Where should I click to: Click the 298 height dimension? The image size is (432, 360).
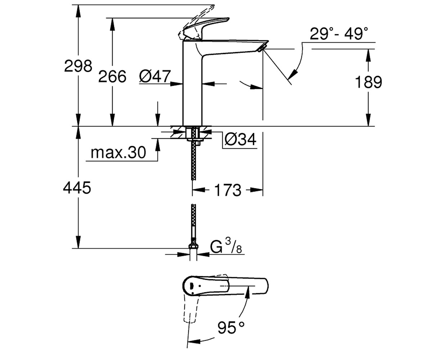point(78,66)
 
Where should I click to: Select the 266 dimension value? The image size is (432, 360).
point(112,76)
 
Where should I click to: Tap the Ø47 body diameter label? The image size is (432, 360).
point(155,76)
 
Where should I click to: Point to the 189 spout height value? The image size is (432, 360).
point(369,82)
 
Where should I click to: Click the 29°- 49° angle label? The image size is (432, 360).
point(339,34)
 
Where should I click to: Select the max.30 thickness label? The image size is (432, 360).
point(118,153)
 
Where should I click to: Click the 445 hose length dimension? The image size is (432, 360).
point(77,188)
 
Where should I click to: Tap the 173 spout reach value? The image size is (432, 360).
point(228,190)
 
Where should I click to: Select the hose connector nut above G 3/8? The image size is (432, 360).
point(193,246)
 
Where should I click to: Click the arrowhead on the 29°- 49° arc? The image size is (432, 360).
point(293,75)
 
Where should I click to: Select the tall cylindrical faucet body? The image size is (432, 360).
point(192,83)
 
